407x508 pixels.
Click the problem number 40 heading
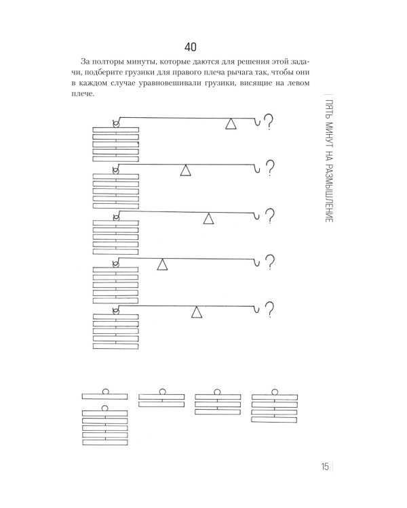click(x=190, y=47)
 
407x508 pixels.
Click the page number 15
click(x=324, y=467)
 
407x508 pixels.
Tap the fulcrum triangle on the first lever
click(x=231, y=124)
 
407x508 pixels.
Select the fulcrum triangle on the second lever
click(x=185, y=171)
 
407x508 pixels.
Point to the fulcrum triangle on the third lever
click(x=208, y=218)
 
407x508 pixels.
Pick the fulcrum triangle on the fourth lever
click(x=162, y=264)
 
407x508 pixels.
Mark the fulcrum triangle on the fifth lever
click(x=196, y=312)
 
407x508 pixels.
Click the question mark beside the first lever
click(x=269, y=121)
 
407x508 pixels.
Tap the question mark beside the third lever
click(x=270, y=216)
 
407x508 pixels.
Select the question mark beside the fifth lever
click(x=269, y=310)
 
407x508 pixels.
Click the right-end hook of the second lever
click(x=256, y=169)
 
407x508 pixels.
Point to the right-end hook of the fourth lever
click(x=256, y=262)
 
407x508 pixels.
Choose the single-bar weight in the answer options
click(x=104, y=394)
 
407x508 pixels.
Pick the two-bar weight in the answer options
click(x=161, y=398)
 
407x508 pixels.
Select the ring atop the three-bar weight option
click(x=217, y=391)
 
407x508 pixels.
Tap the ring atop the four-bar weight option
click(x=275, y=392)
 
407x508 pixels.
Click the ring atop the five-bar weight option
click(x=104, y=408)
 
